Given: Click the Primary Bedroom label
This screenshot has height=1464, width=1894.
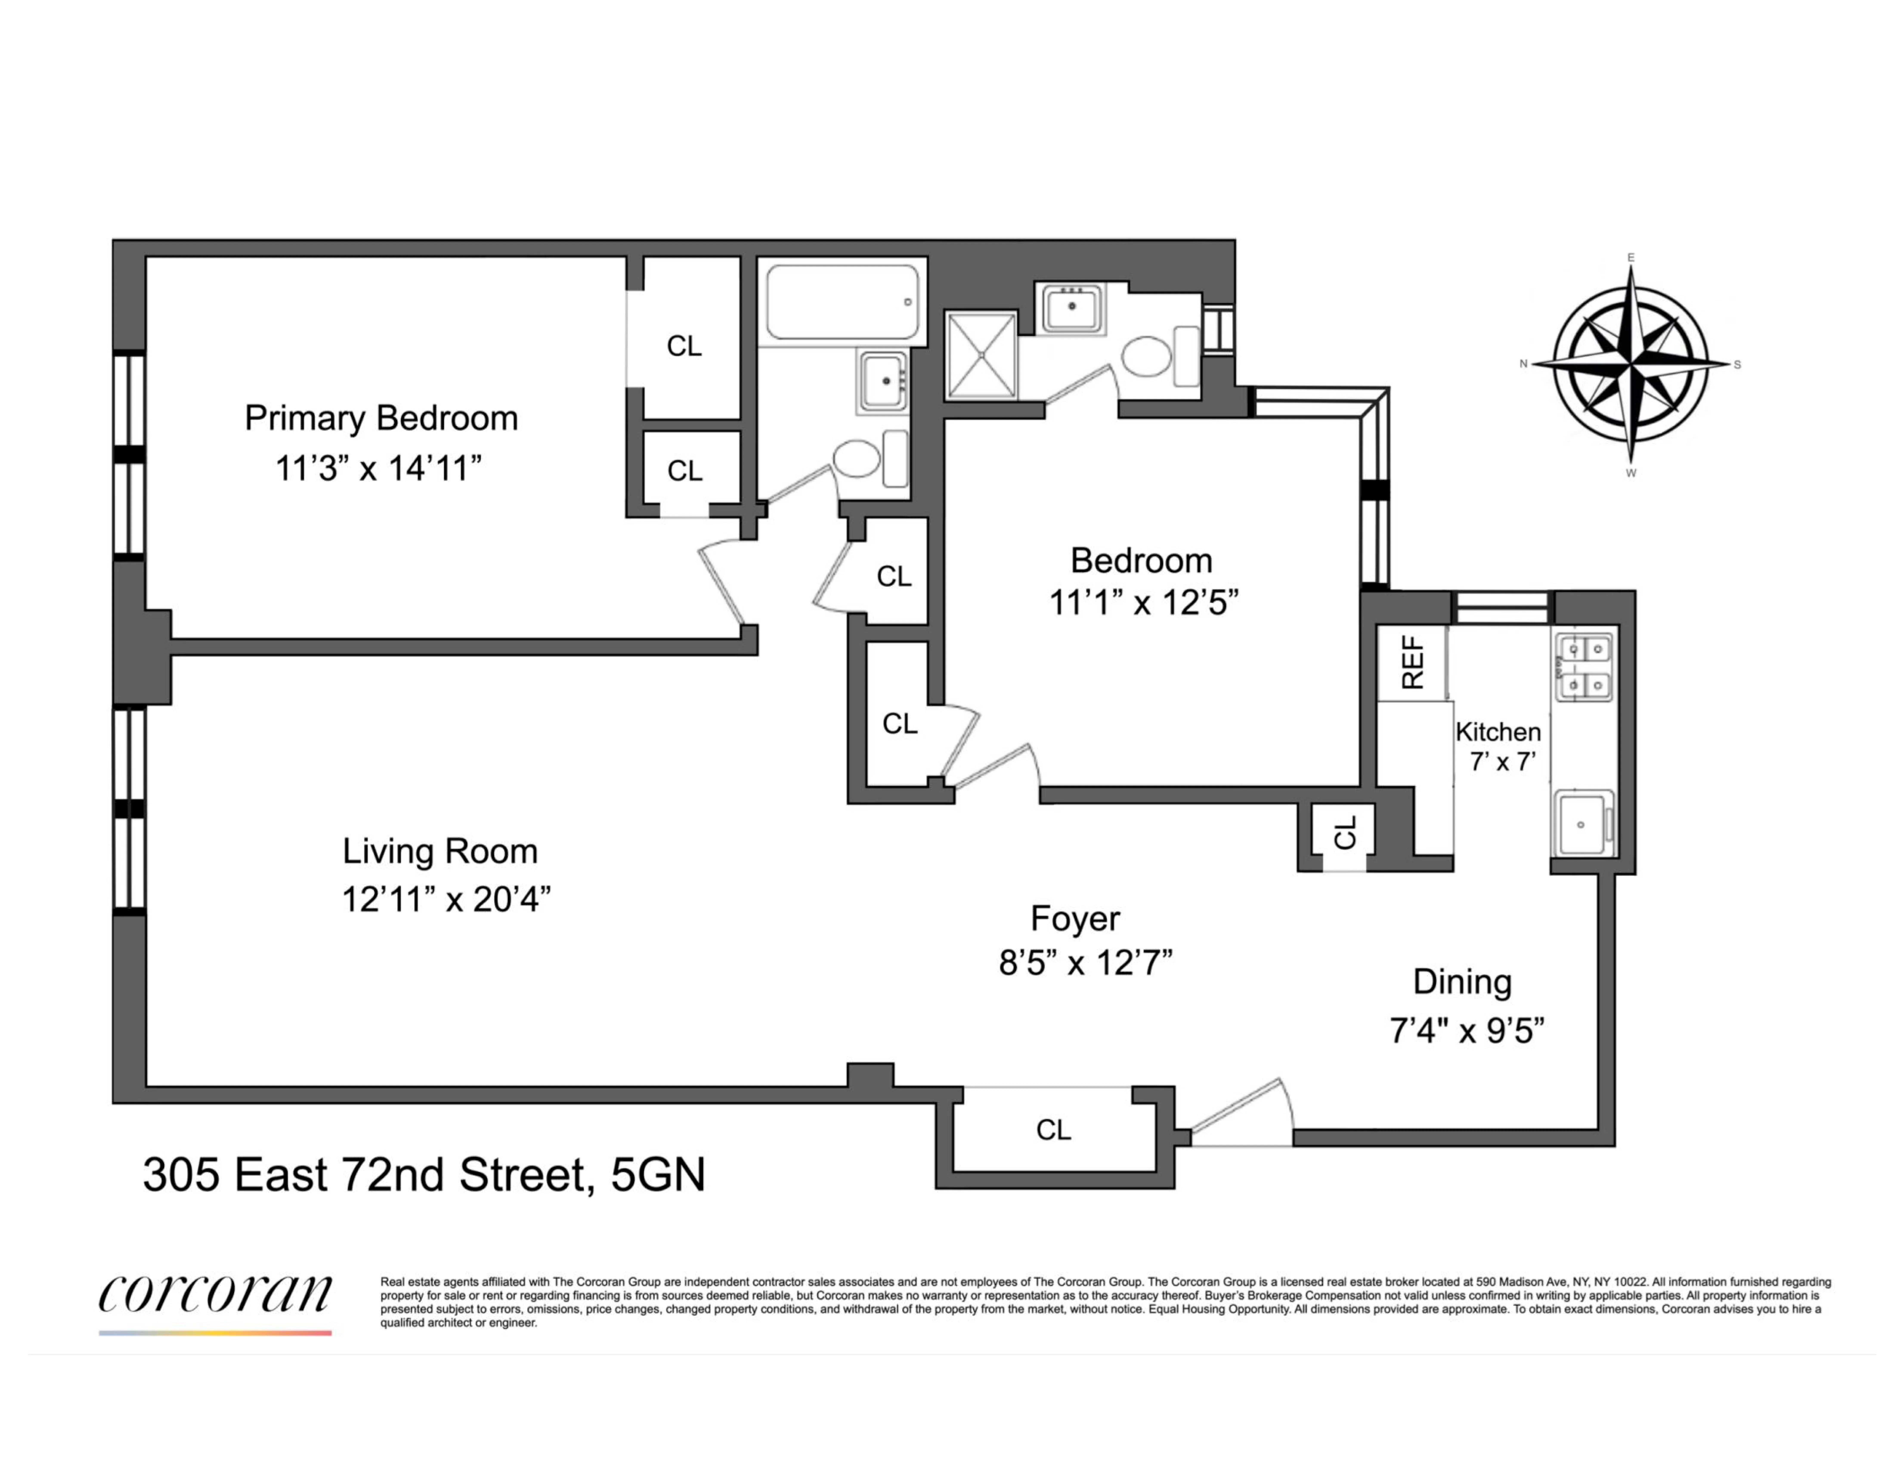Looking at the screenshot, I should [x=381, y=418].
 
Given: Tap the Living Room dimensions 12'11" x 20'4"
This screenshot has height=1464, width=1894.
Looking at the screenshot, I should [x=446, y=899].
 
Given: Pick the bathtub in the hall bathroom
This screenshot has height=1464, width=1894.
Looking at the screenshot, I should [x=841, y=302].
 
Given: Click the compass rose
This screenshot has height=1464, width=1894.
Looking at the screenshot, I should [x=1630, y=364].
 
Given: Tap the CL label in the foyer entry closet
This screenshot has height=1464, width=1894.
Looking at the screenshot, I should [x=1054, y=1129].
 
